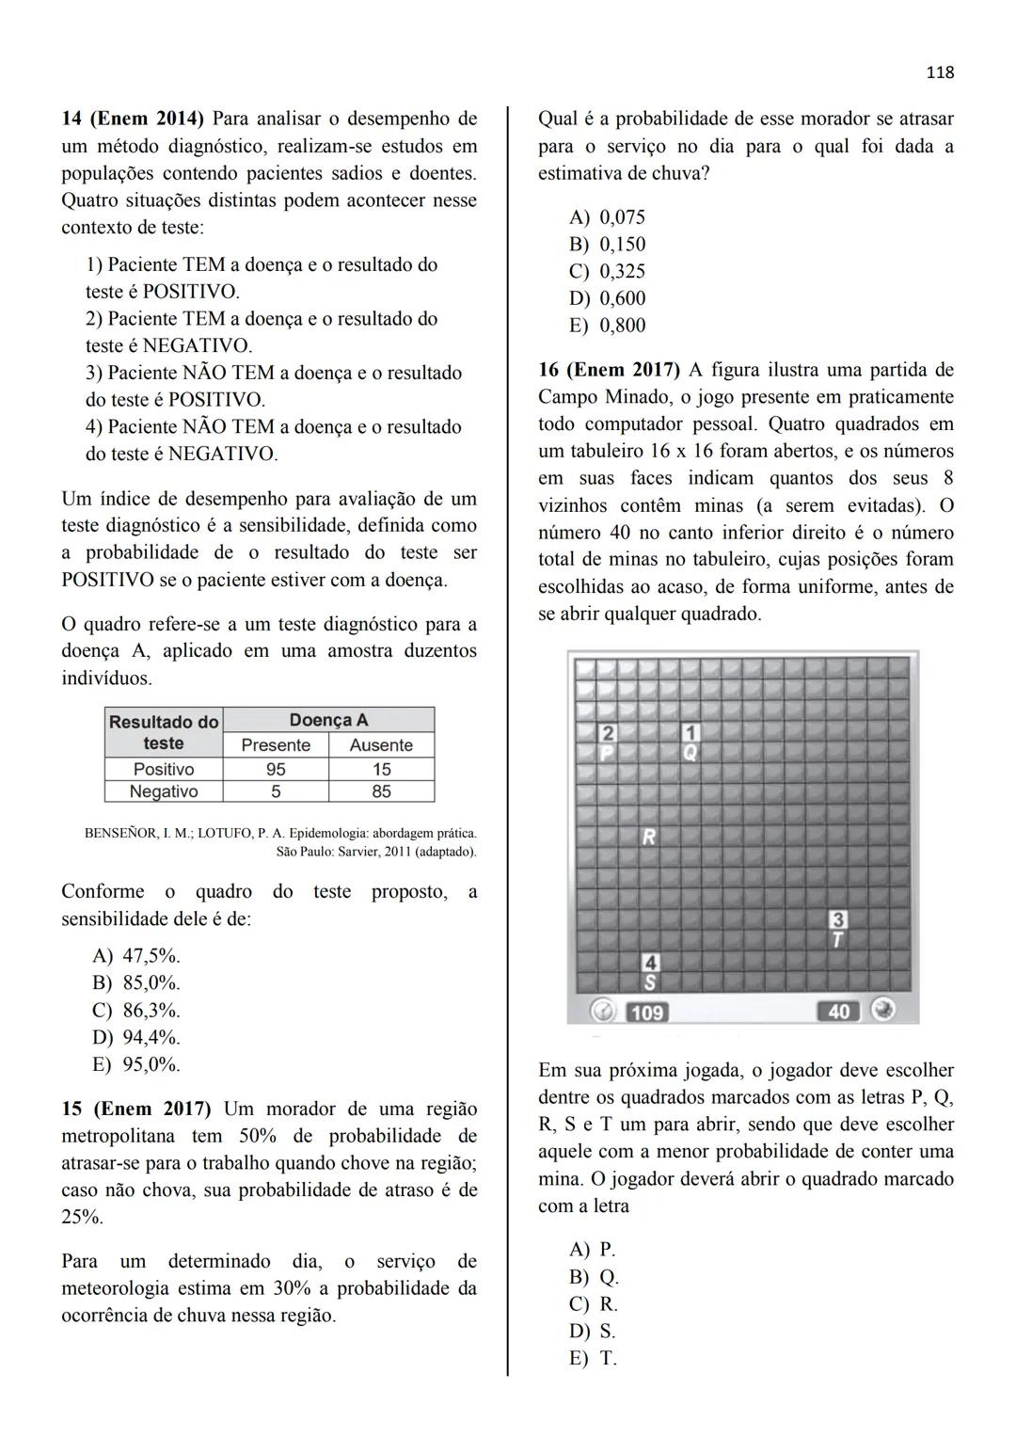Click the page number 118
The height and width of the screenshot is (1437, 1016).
coord(939,72)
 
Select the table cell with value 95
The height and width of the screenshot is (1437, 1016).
coord(276,769)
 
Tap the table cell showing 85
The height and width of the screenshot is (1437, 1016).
coord(381,791)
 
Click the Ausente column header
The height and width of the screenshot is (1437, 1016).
coord(381,745)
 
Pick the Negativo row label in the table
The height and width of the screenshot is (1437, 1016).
coord(164,791)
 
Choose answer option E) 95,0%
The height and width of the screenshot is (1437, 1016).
coord(136,1064)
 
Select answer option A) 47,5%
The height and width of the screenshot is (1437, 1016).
coord(136,956)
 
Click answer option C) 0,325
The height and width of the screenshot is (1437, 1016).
coord(607,271)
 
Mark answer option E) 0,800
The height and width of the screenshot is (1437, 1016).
coord(607,326)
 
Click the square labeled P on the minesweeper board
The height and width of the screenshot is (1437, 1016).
coord(607,753)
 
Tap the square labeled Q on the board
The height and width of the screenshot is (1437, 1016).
coord(691,753)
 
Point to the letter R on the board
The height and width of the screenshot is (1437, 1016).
coord(649,836)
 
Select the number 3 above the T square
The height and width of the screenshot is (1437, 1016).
coord(837,918)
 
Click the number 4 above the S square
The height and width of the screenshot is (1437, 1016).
coord(650,962)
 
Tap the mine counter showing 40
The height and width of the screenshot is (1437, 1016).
coord(838,1011)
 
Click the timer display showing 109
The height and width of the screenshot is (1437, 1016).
coord(646,1012)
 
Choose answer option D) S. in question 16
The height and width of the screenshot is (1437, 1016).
coord(593,1331)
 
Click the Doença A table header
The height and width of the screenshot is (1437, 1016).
coord(328,720)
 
